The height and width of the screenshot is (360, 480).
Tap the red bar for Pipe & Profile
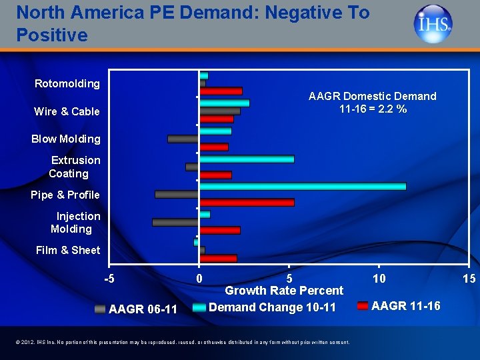coord(247,202)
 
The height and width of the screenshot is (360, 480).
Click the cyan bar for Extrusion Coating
coord(247,159)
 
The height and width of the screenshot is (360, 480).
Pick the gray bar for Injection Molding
coord(175,222)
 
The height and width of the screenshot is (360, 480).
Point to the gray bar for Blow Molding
coord(183,139)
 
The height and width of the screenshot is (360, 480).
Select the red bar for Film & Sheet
coord(218,258)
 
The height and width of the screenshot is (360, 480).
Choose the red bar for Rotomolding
coord(221,91)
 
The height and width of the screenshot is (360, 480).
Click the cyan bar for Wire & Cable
coord(224,103)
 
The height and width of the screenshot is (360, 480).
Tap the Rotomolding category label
coord(67,83)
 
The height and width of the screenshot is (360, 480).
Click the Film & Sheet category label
coord(67,250)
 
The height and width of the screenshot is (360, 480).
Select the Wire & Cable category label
coord(67,111)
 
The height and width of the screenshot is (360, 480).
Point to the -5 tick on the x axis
coord(109,278)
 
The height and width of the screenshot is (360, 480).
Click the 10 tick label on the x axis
coord(379,278)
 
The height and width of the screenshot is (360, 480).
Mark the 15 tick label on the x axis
coord(469,278)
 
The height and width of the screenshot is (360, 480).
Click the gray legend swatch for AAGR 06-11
coord(100,309)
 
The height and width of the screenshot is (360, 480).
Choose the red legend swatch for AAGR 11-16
coord(363,306)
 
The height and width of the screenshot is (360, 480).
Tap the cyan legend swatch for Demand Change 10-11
coord(199,307)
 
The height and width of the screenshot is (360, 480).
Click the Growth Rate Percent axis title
coord(284,291)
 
